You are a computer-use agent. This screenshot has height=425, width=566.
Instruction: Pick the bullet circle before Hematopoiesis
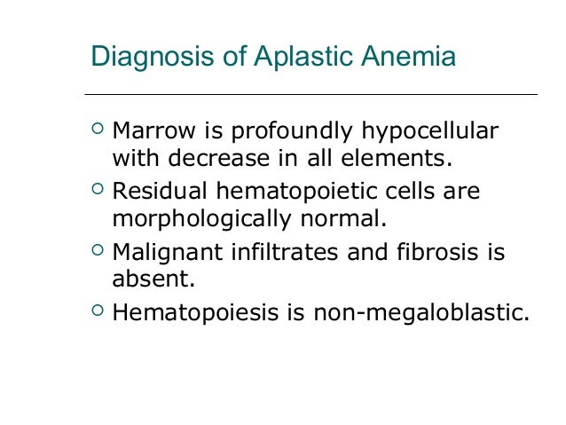point(97,311)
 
